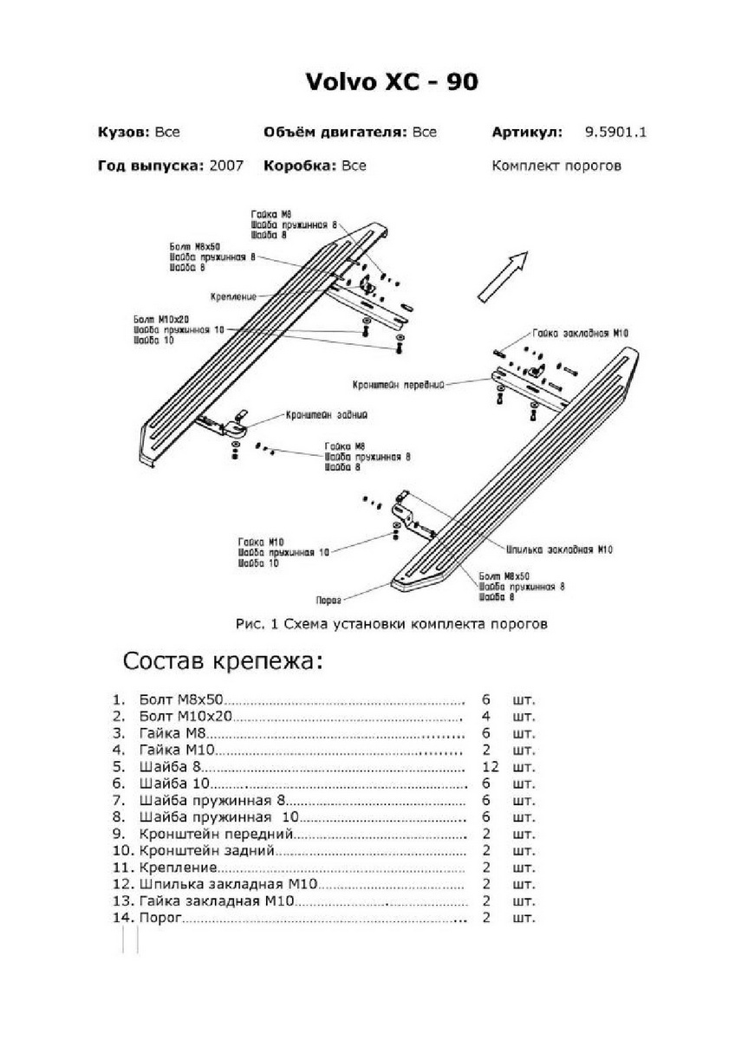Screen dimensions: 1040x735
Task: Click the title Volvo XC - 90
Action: (x=392, y=82)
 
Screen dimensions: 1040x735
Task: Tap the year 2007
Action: (x=226, y=166)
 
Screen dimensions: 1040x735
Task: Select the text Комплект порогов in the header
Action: (x=556, y=166)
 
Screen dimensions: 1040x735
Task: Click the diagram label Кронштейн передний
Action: (x=399, y=381)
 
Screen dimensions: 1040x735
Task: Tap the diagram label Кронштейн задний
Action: (x=328, y=415)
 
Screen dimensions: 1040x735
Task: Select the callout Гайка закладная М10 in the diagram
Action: (x=594, y=333)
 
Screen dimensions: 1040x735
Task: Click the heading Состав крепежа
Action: (x=223, y=662)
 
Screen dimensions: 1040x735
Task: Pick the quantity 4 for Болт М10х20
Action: (x=485, y=716)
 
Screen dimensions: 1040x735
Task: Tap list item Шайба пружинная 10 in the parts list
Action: (x=218, y=817)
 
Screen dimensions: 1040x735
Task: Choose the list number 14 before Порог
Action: (x=121, y=917)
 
